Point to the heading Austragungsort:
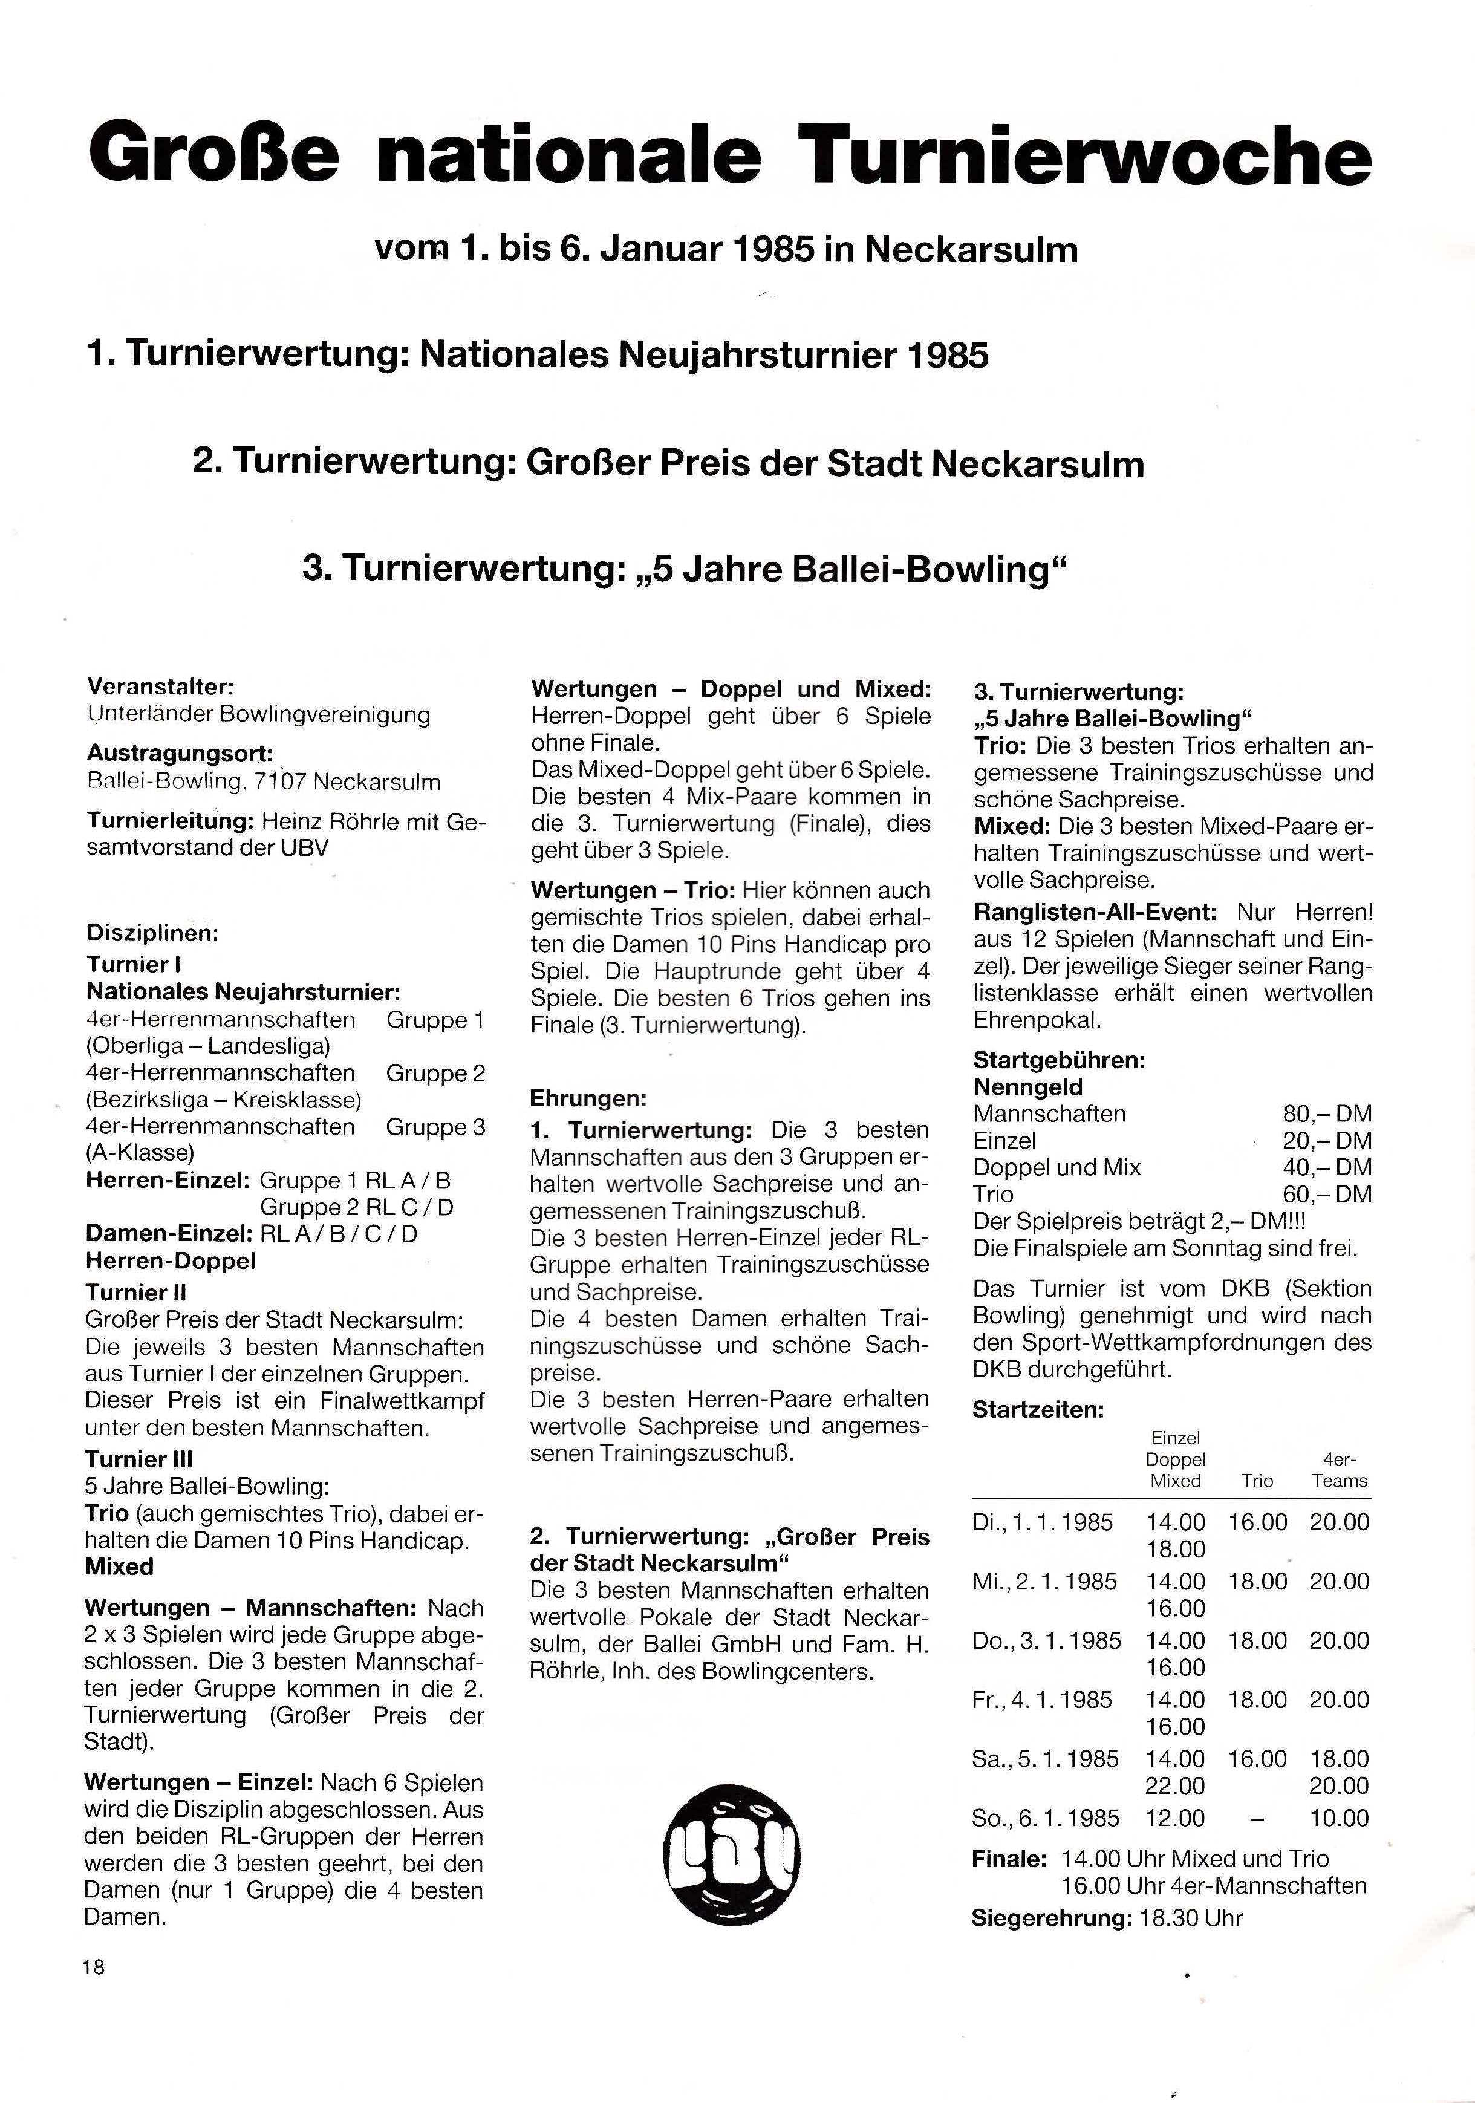180,754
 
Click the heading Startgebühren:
1058,1061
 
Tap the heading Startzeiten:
1038,1410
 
